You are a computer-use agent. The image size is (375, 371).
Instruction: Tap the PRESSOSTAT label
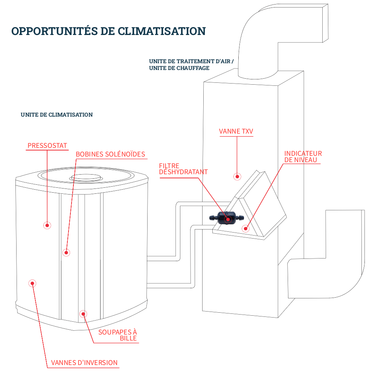tap(47, 146)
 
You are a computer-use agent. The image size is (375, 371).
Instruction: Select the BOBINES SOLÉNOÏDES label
tap(110, 154)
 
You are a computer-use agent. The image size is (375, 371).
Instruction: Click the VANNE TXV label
tap(236, 132)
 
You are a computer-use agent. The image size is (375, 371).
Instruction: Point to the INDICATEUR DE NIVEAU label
tap(303, 157)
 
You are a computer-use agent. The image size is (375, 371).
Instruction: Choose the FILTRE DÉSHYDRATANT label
tap(183, 169)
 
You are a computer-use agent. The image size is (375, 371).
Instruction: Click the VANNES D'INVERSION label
tap(84, 363)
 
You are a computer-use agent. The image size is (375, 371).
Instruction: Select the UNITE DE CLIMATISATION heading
tap(56, 115)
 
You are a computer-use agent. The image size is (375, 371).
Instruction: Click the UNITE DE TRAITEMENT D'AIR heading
tap(194, 61)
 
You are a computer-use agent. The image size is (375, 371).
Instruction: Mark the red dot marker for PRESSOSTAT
tap(47, 225)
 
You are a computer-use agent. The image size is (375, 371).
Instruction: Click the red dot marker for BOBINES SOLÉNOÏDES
tap(66, 252)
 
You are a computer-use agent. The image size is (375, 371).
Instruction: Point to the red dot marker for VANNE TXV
tap(237, 176)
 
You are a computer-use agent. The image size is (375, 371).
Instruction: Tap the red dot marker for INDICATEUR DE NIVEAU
tap(245, 228)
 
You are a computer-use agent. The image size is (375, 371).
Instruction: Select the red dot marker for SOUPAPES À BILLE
tap(83, 313)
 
